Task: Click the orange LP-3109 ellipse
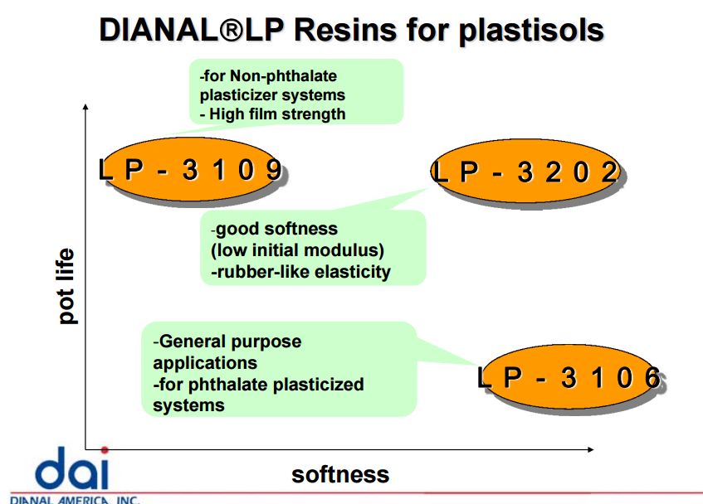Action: (x=190, y=172)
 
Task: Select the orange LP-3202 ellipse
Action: (x=525, y=172)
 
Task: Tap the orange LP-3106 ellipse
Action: (x=571, y=378)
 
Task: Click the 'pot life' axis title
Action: (x=66, y=286)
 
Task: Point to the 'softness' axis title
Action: (x=339, y=474)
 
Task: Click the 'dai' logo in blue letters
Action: (x=71, y=470)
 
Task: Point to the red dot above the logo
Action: (x=104, y=449)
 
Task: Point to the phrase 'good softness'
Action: (x=276, y=229)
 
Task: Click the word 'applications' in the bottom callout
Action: (x=205, y=362)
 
